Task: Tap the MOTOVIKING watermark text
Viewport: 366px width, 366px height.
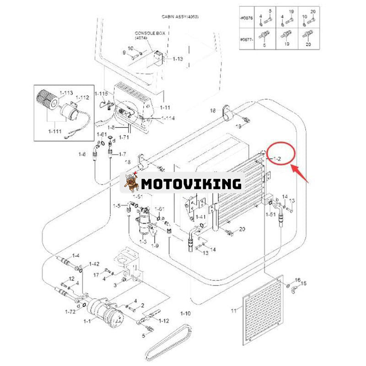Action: click(191, 183)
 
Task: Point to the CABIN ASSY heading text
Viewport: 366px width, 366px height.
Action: click(180, 16)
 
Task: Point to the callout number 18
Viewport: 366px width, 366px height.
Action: click(212, 111)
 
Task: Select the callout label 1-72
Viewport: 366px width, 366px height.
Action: click(70, 312)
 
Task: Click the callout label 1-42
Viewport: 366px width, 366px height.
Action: click(94, 264)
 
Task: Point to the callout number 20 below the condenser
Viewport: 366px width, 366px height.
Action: click(242, 229)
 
